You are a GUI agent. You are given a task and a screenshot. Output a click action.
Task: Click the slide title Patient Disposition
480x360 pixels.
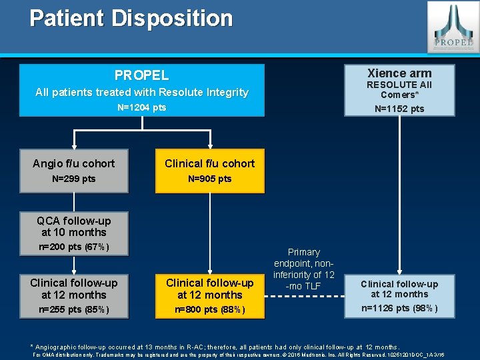[x=131, y=18]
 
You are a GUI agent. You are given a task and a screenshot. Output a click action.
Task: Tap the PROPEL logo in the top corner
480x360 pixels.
[x=452, y=27]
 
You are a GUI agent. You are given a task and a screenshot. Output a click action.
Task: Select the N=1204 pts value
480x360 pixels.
[x=141, y=107]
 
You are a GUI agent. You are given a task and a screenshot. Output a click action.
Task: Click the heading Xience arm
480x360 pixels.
[x=399, y=73]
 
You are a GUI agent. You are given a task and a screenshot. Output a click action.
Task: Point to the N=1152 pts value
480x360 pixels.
[x=399, y=109]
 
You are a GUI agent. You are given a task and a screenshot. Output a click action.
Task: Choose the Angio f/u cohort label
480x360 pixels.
[x=73, y=163]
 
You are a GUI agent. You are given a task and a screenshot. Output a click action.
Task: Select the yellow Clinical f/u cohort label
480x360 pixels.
[x=209, y=163]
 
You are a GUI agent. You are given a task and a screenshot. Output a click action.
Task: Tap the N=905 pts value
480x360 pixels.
[x=209, y=179]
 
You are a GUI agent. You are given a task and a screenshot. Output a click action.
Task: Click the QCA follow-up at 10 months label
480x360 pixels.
[x=73, y=227]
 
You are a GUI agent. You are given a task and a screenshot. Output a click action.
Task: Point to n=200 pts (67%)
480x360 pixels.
[x=73, y=248]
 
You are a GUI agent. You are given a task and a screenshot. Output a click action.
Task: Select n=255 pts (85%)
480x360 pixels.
[x=73, y=309]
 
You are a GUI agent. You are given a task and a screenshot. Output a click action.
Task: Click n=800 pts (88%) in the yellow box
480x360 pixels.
[x=209, y=309]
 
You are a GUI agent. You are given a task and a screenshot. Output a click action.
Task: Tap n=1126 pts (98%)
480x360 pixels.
[x=399, y=308]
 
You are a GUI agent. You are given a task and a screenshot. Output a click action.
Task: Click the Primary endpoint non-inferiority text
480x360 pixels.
[x=304, y=269]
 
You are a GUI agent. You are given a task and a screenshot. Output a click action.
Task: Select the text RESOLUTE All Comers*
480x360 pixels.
[x=399, y=89]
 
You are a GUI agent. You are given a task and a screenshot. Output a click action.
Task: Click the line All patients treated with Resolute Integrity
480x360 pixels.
[x=141, y=92]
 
